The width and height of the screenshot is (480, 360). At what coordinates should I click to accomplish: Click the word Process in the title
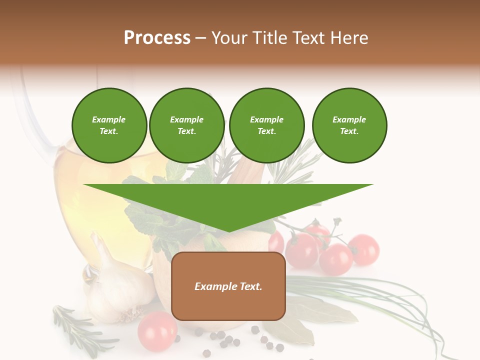(157, 38)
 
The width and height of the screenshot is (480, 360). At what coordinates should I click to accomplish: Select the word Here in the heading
(347, 38)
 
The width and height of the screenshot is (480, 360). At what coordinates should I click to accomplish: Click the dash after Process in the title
(200, 38)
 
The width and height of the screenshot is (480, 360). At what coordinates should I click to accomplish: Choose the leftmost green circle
(109, 125)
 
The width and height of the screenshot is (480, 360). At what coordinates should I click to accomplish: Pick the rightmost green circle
(349, 125)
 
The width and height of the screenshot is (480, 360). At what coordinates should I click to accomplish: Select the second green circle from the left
(187, 125)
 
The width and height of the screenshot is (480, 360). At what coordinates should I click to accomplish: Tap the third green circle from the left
(267, 125)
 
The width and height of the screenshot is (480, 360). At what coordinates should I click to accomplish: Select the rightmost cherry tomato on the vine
(364, 249)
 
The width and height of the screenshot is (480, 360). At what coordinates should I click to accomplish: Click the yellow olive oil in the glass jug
(95, 200)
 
